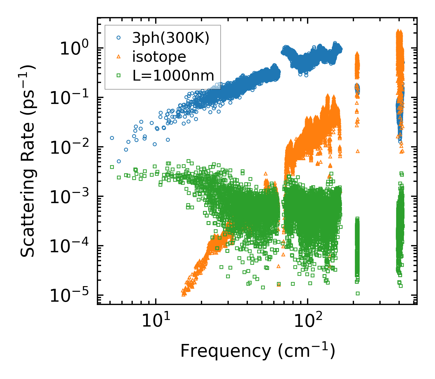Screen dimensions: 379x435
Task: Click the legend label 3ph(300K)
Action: tap(171, 38)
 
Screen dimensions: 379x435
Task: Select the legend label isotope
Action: tap(159, 57)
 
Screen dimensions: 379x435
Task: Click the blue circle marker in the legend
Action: tap(119, 38)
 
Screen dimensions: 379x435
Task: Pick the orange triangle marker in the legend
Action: tap(119, 57)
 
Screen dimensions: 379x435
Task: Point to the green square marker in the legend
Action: tap(119, 76)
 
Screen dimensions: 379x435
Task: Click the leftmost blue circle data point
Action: tap(112, 138)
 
